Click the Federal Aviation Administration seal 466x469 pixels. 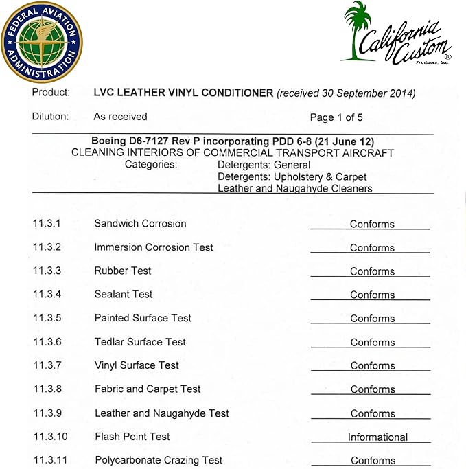(x=41, y=41)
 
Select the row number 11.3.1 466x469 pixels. (x=47, y=224)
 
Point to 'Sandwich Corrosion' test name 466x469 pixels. (x=140, y=224)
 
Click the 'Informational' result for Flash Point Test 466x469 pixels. (x=377, y=437)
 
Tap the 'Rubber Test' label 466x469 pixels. (x=123, y=271)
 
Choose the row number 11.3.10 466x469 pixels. (x=49, y=437)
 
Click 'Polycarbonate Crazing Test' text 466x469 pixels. (x=159, y=460)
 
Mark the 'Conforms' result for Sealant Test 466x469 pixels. (x=372, y=295)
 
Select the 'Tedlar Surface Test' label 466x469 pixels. (x=140, y=341)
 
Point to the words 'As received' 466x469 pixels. (x=120, y=117)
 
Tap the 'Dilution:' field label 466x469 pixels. (x=51, y=117)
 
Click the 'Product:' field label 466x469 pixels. (x=51, y=93)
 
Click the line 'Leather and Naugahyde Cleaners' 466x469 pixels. (x=294, y=188)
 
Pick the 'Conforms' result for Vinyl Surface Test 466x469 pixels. (x=372, y=365)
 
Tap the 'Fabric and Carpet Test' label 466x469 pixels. (x=148, y=389)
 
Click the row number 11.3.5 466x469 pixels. (x=47, y=318)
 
